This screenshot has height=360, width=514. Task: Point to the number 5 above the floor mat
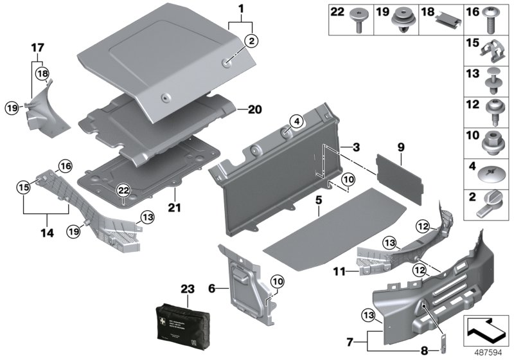pos(317,200)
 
